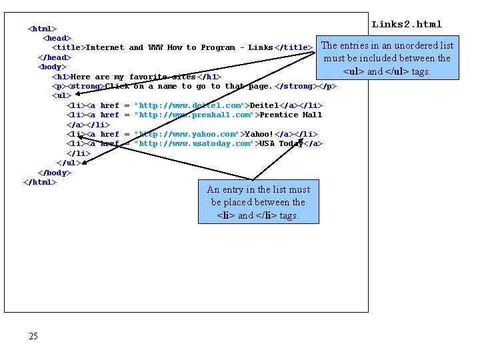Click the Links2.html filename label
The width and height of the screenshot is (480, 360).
(407, 25)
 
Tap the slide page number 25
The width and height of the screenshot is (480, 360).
(33, 336)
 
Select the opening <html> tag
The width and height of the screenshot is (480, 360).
(42, 29)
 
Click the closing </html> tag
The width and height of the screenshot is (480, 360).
(40, 182)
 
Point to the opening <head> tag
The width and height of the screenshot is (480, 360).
(57, 38)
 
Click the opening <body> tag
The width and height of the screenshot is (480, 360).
(52, 67)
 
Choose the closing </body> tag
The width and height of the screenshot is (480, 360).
(54, 173)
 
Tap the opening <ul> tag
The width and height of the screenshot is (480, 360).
(61, 95)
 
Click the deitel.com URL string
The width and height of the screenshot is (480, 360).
(189, 105)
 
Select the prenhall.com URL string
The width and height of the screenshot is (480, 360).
(192, 115)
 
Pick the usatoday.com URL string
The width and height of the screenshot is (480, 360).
(194, 143)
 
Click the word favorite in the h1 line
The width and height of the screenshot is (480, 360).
(149, 77)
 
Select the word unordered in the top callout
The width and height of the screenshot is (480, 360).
(397, 45)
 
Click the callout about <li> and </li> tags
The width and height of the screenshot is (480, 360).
(258, 202)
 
